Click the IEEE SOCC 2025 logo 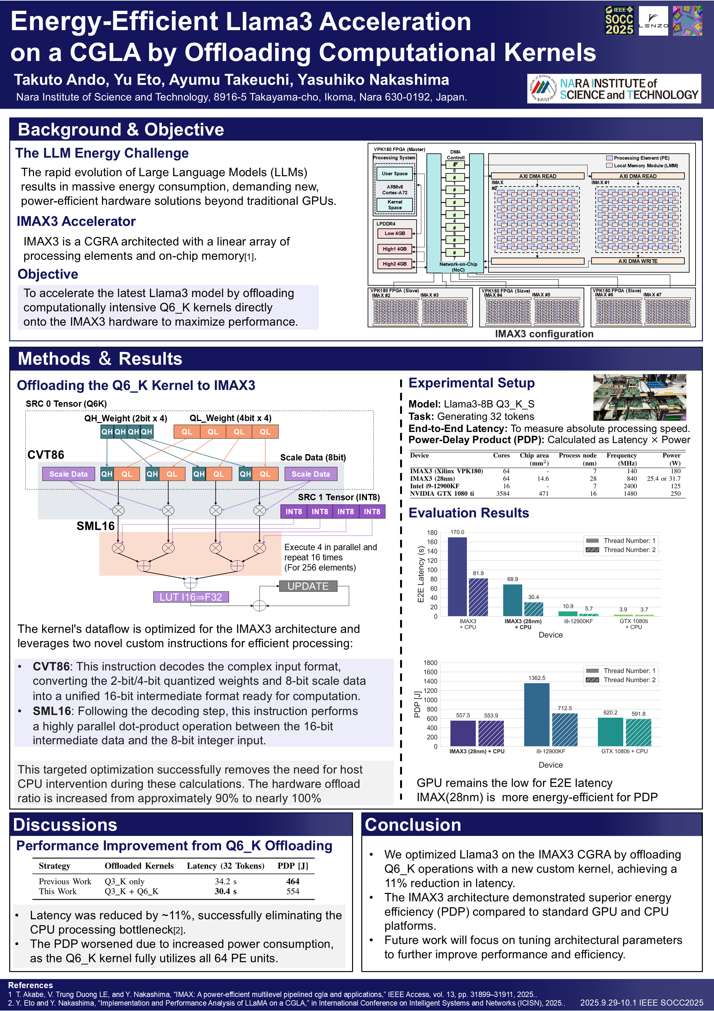pyautogui.click(x=619, y=20)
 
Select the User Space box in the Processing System pyautogui.click(x=395, y=174)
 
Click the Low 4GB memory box pyautogui.click(x=394, y=233)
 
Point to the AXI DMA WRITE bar pyautogui.click(x=637, y=261)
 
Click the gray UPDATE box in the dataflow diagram pyautogui.click(x=308, y=586)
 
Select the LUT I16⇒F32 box pyautogui.click(x=191, y=597)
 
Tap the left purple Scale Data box pyautogui.click(x=68, y=474)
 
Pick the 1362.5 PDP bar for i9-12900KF pyautogui.click(x=537, y=714)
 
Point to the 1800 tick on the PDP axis pyautogui.click(x=430, y=663)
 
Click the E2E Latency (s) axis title pyautogui.click(x=421, y=574)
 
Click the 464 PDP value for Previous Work pyautogui.click(x=293, y=881)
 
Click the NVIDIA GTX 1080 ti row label pyautogui.click(x=442, y=494)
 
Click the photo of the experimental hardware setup pyautogui.click(x=639, y=397)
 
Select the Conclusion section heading pyautogui.click(x=413, y=825)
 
